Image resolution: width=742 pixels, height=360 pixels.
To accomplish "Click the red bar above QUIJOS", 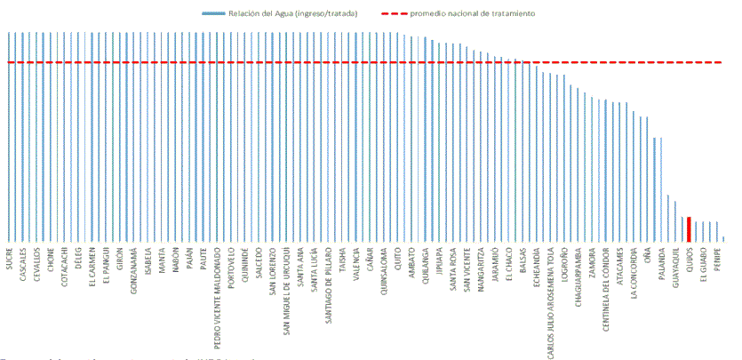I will pos(689,228).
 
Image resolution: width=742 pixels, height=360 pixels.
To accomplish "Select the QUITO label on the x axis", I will pos(397,259).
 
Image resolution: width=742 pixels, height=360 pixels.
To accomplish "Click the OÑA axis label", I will pos(648,255).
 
